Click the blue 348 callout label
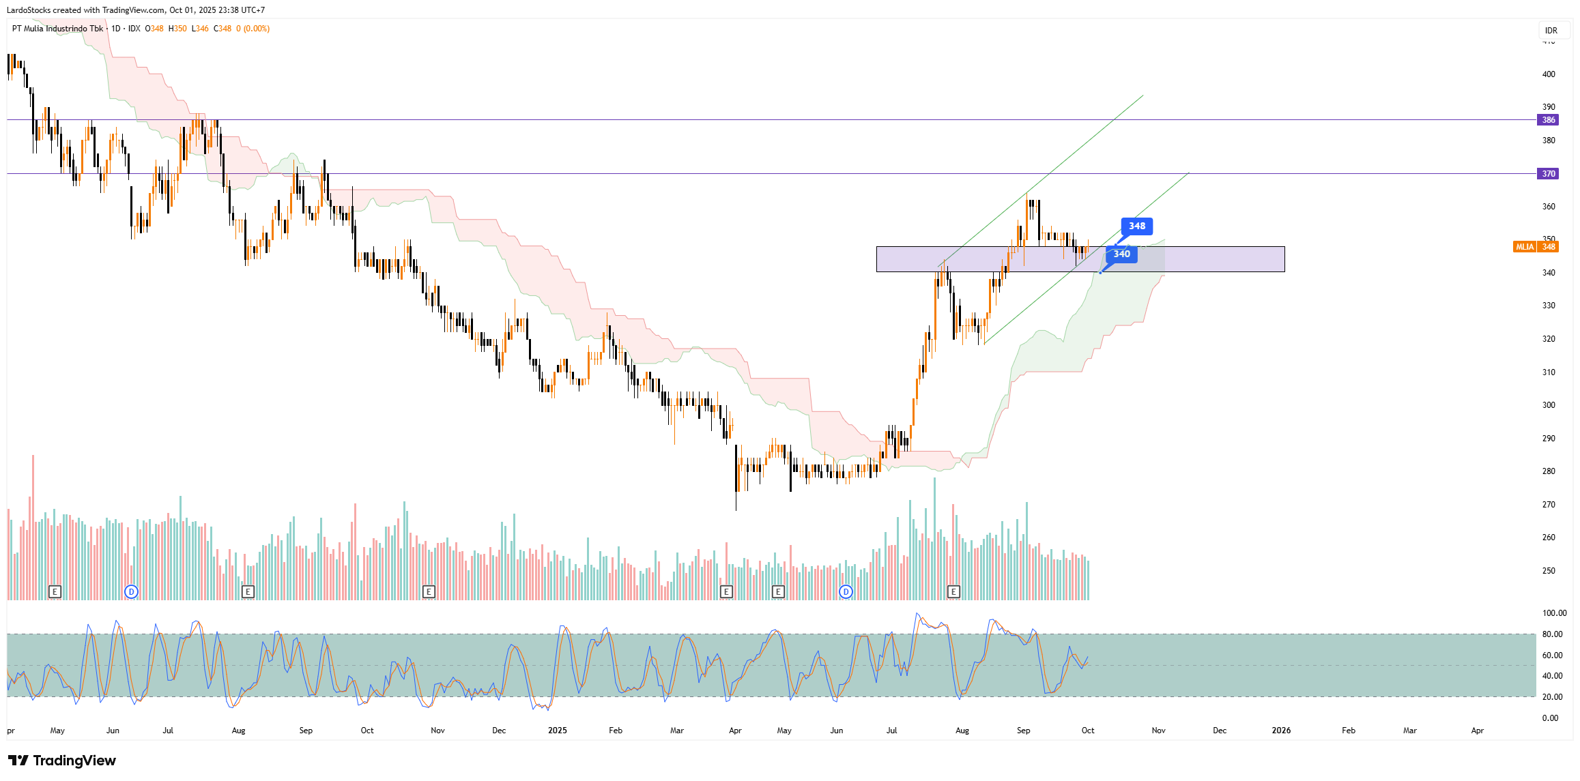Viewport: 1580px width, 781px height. click(1136, 226)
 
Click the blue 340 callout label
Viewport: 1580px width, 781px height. click(1121, 254)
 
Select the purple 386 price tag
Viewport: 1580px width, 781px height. click(1548, 120)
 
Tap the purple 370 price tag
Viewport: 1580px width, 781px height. click(1548, 174)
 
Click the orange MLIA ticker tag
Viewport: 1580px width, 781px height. click(1525, 247)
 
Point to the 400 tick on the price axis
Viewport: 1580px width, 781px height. click(1549, 74)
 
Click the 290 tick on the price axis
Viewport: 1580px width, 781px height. click(1549, 439)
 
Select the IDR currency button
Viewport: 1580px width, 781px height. click(1551, 30)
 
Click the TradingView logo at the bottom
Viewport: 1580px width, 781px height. click(62, 761)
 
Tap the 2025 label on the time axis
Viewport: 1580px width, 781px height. click(557, 731)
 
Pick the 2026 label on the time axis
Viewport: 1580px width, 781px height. click(1281, 731)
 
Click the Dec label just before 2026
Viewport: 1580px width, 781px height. click(1220, 731)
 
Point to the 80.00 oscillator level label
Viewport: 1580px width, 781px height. click(1552, 634)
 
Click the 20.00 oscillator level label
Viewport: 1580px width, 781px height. click(1552, 697)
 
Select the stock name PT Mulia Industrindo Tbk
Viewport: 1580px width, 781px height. click(58, 29)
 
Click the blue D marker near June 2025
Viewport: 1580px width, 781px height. click(846, 591)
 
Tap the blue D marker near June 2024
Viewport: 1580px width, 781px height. click(132, 591)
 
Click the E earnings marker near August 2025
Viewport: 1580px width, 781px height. click(953, 591)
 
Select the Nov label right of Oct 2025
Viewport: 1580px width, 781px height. click(1158, 731)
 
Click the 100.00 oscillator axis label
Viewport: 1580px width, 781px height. click(1554, 613)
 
